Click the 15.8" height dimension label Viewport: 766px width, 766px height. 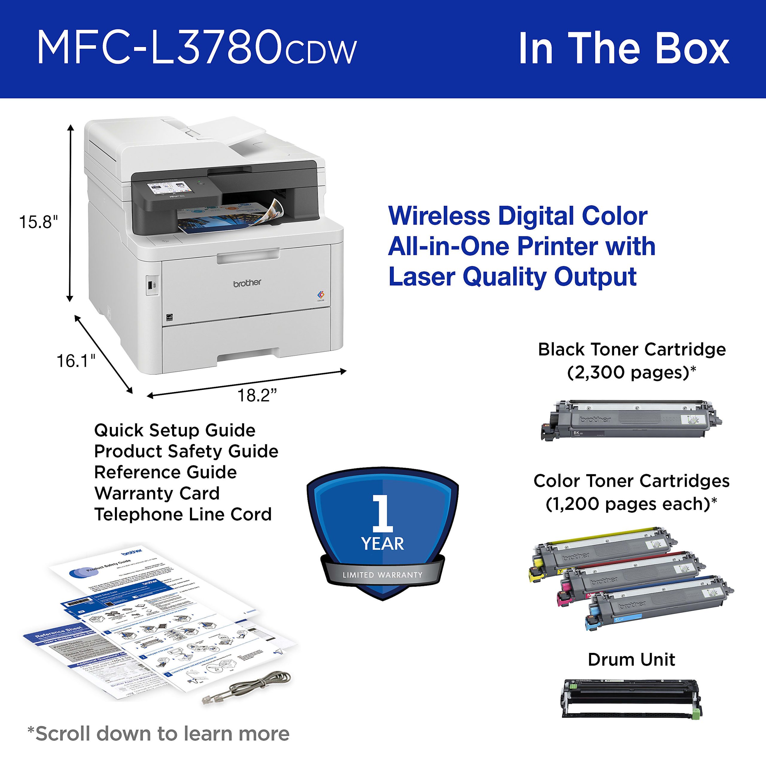click(39, 222)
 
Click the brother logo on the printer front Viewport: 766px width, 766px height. click(247, 283)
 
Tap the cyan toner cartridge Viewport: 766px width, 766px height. click(658, 603)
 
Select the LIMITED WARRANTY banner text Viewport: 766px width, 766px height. click(383, 575)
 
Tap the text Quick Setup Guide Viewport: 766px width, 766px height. click(175, 431)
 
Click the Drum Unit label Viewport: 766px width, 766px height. click(631, 660)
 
